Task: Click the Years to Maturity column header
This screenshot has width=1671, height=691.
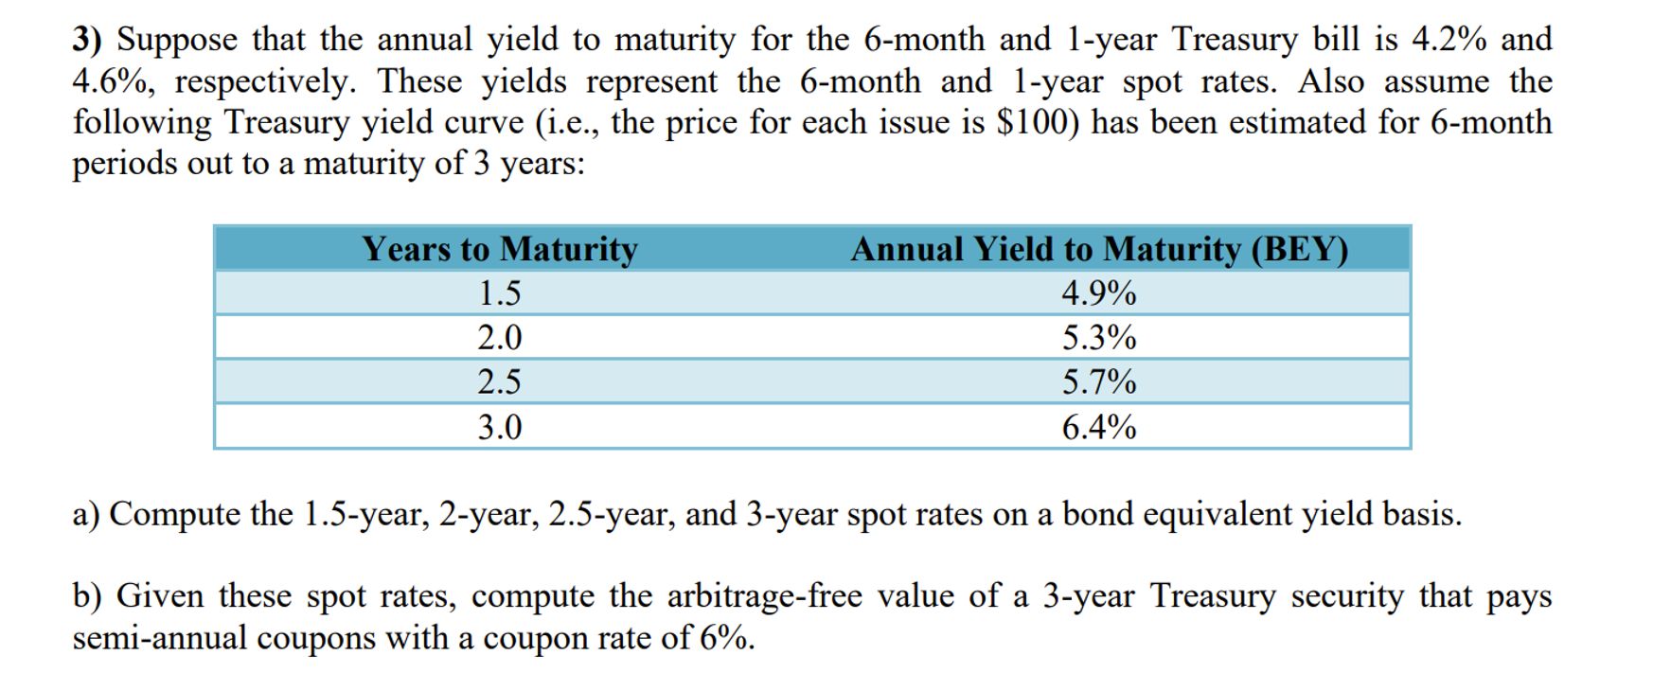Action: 500,249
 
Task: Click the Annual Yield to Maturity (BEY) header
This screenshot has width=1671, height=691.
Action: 1098,249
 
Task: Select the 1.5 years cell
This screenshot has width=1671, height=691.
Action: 499,293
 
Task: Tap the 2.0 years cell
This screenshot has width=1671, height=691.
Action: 499,338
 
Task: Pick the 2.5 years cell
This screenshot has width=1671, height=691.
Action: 499,382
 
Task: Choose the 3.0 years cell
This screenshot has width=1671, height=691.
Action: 499,428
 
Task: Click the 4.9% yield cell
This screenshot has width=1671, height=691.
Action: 1098,293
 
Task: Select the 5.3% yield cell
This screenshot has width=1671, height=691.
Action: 1098,338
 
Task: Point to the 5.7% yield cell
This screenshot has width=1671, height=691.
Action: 1098,382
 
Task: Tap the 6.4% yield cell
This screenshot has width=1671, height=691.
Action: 1098,428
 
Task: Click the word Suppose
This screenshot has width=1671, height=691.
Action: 177,40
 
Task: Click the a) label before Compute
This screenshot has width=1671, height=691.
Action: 86,514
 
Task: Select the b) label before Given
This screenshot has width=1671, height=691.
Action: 87,596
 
